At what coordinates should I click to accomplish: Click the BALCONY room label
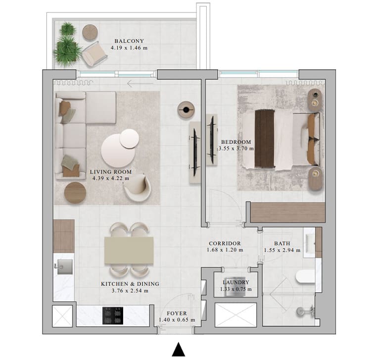click(x=129, y=41)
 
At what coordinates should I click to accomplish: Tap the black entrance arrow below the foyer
click(x=179, y=350)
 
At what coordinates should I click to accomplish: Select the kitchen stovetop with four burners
click(x=113, y=316)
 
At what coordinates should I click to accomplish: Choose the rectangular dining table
click(x=129, y=251)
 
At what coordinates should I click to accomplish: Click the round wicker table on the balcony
click(x=90, y=32)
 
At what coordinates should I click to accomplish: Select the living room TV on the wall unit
click(x=195, y=152)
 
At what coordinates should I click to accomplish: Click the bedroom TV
click(x=212, y=140)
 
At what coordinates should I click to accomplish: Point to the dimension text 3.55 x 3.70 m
click(x=236, y=149)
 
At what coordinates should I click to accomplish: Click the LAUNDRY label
click(x=236, y=282)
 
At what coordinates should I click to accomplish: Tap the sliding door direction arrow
click(x=140, y=84)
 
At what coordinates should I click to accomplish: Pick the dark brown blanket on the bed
click(x=265, y=139)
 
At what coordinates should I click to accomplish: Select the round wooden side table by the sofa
click(x=75, y=193)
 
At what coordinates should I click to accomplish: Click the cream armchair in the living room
click(x=137, y=187)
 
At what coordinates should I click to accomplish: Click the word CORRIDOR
click(x=225, y=244)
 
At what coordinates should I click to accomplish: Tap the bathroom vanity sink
click(x=310, y=243)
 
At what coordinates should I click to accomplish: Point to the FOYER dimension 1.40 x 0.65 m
click(x=177, y=320)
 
